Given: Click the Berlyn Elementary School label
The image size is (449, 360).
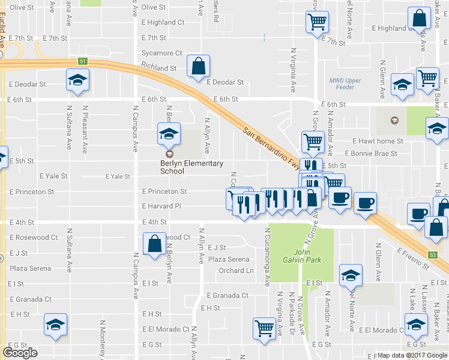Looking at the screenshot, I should point(191,167).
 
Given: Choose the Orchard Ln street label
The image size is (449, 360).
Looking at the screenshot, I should point(236,271).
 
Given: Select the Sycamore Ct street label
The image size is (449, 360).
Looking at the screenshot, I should point(161,53).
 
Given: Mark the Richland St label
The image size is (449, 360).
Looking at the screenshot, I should point(158,68).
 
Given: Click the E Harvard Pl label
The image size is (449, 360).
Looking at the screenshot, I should point(161,206).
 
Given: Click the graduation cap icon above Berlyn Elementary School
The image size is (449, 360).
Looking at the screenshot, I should point(169,134).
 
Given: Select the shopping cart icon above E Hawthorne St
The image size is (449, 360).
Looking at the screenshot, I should point(313,142).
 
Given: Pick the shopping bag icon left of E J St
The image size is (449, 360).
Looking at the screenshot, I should point(155,244).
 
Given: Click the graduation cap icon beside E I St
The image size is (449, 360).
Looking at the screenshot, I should point(350,275).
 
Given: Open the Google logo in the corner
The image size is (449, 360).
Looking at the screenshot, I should point(20,353).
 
